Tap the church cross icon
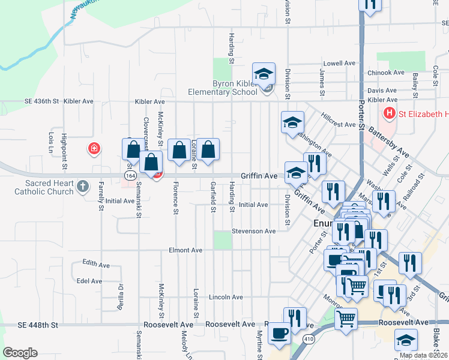(x=83, y=187)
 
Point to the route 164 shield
(x=130, y=175)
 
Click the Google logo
(x=20, y=352)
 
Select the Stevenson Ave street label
(x=254, y=231)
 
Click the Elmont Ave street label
(x=185, y=250)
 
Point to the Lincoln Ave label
(x=226, y=297)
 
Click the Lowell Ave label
(x=339, y=63)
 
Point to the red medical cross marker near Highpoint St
(x=94, y=148)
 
